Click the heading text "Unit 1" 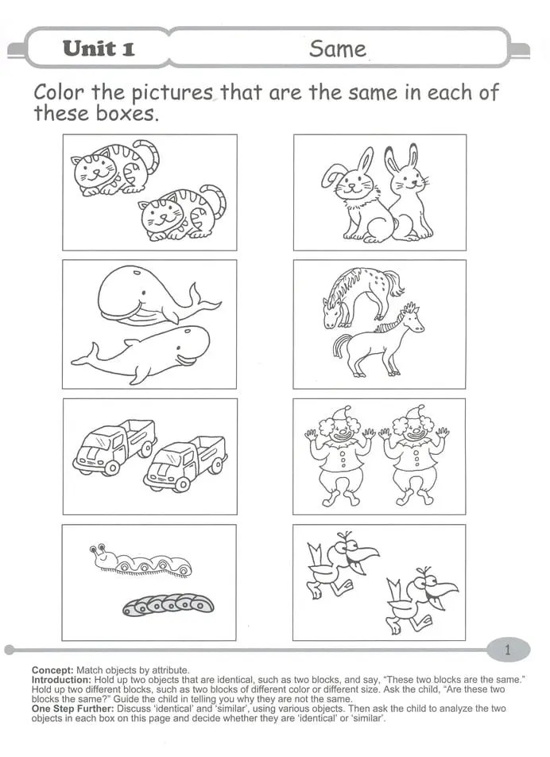tap(99, 49)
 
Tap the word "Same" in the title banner tap(338, 49)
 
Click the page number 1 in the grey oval tap(508, 650)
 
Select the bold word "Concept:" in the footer tap(52, 670)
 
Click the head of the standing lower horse tap(410, 319)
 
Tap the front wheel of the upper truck tap(112, 468)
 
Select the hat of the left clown tap(341, 412)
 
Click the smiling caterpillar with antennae tap(141, 561)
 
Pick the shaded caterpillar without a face tap(168, 604)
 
